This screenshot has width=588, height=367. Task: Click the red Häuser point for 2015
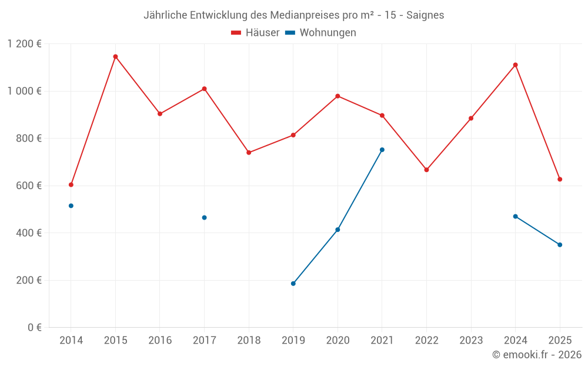point(115,57)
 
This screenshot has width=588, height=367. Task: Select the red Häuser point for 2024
point(515,65)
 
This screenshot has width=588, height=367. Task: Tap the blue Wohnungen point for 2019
point(293,284)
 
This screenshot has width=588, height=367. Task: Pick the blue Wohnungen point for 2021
point(382,150)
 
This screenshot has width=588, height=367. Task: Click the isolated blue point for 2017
point(204,218)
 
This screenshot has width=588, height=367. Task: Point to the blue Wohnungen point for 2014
point(71,206)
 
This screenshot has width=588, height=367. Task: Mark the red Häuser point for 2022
point(426,170)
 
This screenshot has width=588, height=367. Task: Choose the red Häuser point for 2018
point(249,153)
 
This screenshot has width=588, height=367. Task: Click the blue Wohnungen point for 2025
point(560,245)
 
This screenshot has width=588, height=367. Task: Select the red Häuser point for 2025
point(560,180)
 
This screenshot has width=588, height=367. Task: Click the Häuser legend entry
point(255,33)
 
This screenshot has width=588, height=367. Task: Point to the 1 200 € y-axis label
point(24,44)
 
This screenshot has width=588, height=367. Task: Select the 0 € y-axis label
point(34,328)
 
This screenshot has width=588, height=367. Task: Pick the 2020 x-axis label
point(338,341)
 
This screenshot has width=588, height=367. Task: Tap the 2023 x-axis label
point(471,341)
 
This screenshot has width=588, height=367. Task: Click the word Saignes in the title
point(425,15)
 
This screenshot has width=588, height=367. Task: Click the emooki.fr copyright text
point(536,355)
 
